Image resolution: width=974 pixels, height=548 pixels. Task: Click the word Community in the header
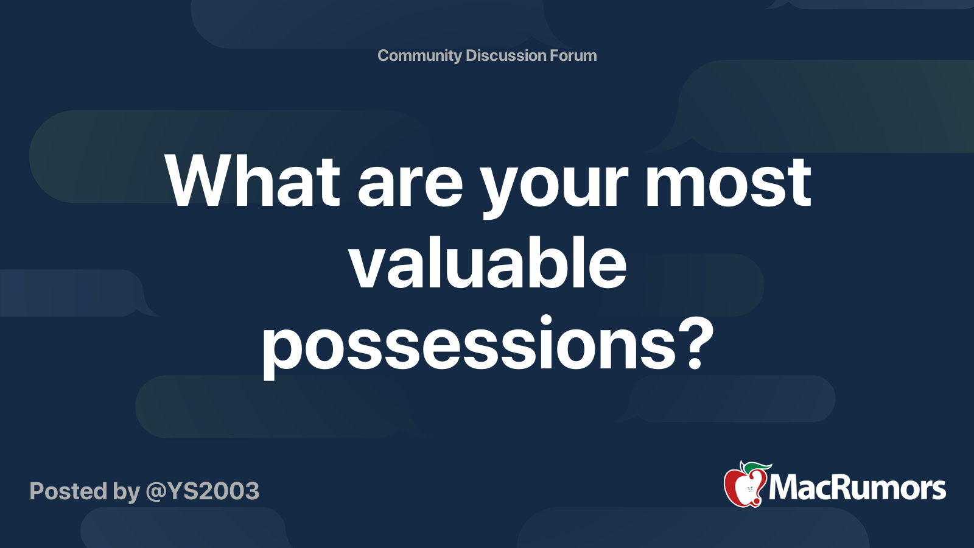[x=419, y=56]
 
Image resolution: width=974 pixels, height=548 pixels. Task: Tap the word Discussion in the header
[x=505, y=55]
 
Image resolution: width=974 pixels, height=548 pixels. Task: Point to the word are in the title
[x=410, y=187]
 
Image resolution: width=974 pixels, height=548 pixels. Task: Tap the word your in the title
[x=555, y=192]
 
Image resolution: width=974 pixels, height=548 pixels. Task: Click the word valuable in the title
[x=488, y=262]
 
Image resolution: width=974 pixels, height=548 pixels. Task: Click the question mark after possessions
[x=694, y=342]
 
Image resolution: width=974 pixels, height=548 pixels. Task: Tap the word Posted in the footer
[x=68, y=491]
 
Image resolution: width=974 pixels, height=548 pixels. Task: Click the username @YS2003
[x=202, y=492]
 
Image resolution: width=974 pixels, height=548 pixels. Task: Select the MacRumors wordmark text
[x=857, y=488]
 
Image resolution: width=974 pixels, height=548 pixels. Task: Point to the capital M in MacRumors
[x=785, y=488]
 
